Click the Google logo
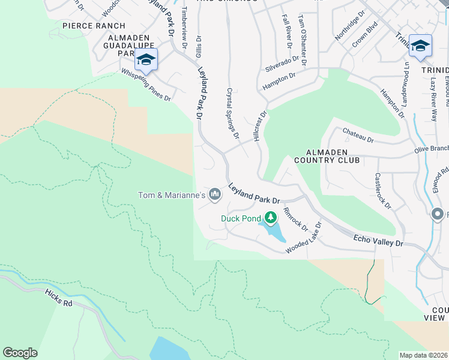pos(20,353)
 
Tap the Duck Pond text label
pos(240,218)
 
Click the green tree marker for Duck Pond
pos(271,217)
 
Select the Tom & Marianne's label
pos(172,195)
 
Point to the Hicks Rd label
pos(59,298)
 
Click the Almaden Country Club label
pos(327,156)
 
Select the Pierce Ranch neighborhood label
pos(94,26)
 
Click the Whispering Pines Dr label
pos(146,85)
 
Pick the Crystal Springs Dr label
pos(233,113)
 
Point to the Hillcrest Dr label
pos(261,125)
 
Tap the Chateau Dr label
pos(358,135)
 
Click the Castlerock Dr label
pos(382,191)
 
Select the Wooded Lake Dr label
pos(304,238)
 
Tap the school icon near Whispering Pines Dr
pos(146,59)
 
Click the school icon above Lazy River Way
pos(420,46)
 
